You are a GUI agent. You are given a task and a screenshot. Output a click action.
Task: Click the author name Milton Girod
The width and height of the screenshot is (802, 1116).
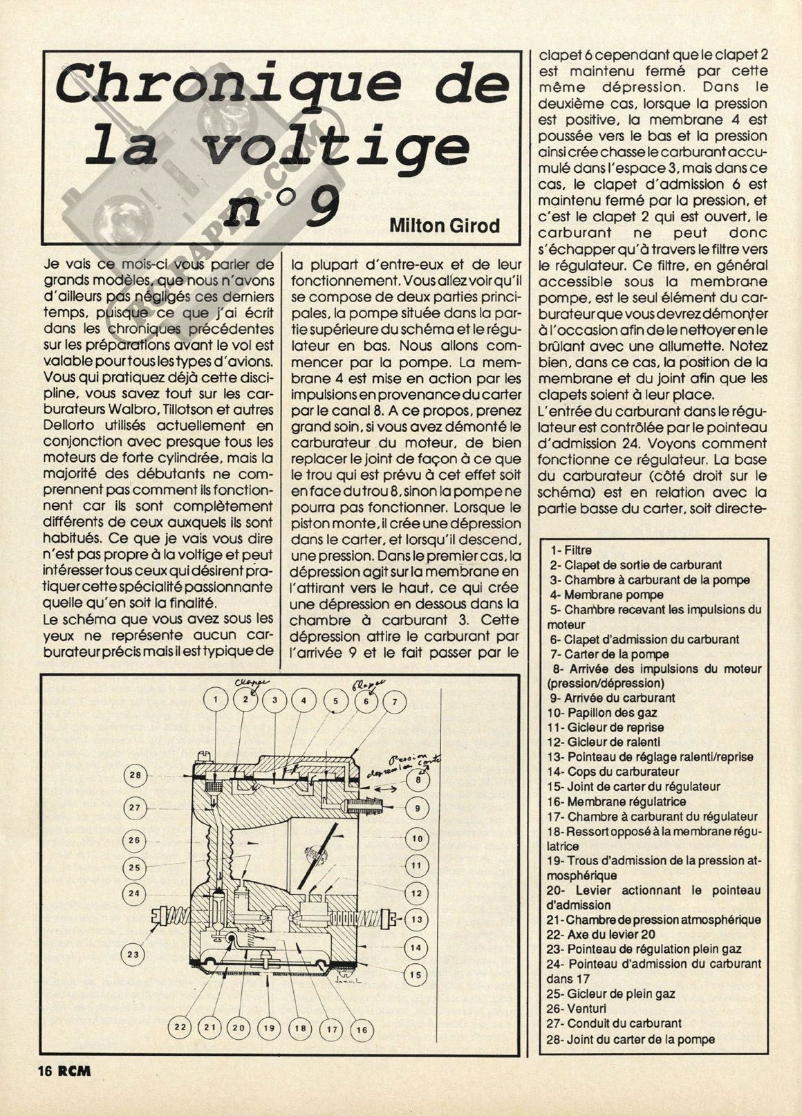(x=444, y=225)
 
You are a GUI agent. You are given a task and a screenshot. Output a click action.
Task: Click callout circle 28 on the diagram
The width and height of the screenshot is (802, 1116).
(x=136, y=775)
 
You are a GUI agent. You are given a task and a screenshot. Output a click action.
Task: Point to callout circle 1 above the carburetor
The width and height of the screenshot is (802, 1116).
(x=216, y=700)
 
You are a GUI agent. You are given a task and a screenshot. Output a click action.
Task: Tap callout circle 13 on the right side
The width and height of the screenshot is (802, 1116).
(x=416, y=920)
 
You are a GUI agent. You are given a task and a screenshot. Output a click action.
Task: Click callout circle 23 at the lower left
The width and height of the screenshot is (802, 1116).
(x=133, y=954)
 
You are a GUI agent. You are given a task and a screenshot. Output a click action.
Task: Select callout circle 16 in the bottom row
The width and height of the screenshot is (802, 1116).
(x=361, y=1030)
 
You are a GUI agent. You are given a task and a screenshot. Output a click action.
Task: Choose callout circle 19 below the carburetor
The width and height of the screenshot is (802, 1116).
(x=269, y=1028)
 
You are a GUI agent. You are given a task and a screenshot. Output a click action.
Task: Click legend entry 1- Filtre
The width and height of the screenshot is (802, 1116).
(x=567, y=550)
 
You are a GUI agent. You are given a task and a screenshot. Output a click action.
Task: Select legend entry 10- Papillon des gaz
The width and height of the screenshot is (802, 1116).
(x=601, y=712)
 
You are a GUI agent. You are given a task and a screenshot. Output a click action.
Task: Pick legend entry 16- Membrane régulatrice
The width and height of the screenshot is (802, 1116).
(x=616, y=801)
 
